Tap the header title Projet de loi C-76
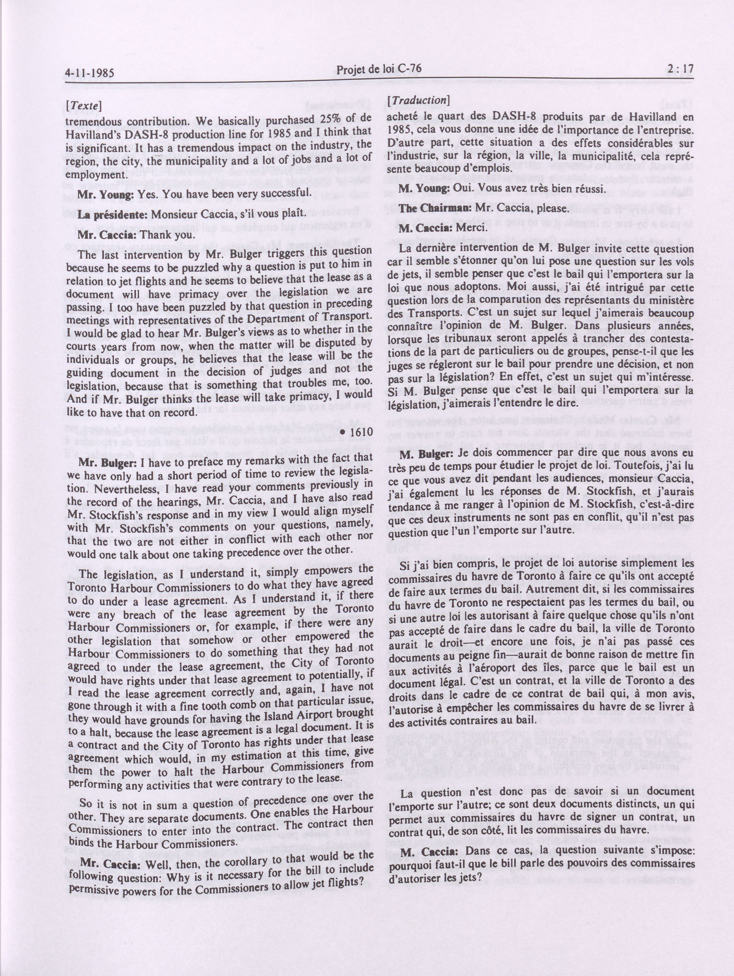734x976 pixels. pyautogui.click(x=379, y=70)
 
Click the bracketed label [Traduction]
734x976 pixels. pyautogui.click(x=418, y=100)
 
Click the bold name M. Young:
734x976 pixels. pyautogui.click(x=424, y=188)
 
